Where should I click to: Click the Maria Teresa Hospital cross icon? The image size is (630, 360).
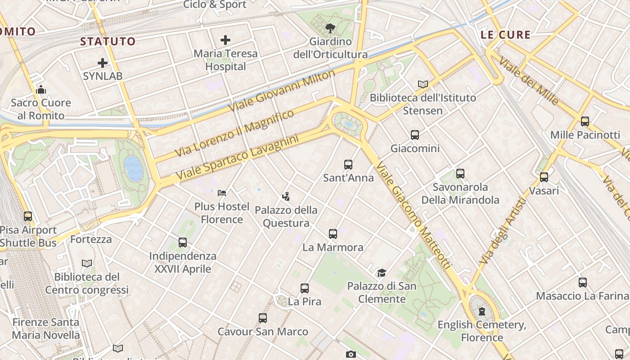point(225,40)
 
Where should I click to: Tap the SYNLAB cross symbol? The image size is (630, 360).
point(103,63)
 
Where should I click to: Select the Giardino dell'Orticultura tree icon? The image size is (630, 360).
point(330,28)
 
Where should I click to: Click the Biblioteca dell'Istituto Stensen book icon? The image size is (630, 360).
point(423,84)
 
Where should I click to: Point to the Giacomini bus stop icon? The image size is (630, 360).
point(414,135)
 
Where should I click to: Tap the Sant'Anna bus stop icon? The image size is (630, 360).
point(348,165)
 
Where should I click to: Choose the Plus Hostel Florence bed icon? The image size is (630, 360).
point(221,193)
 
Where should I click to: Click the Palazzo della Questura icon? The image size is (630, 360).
point(286,197)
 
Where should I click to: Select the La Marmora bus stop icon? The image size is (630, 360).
point(333,234)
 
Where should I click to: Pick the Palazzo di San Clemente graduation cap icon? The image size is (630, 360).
point(382,273)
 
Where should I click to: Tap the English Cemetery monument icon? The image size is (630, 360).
point(482,311)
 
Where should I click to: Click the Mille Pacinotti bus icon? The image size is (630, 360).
point(585,121)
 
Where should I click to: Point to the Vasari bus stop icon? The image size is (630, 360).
point(544,177)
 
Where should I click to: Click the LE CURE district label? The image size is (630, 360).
point(505,35)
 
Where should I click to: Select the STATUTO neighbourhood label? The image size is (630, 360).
point(108,41)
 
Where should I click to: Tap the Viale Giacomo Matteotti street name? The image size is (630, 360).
point(413,216)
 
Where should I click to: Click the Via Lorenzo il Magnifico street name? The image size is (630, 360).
point(234,133)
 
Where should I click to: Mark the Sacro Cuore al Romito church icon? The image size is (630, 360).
point(41,90)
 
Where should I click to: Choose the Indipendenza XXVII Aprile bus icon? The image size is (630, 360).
point(182,243)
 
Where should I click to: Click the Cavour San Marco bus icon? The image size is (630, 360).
point(263,318)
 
